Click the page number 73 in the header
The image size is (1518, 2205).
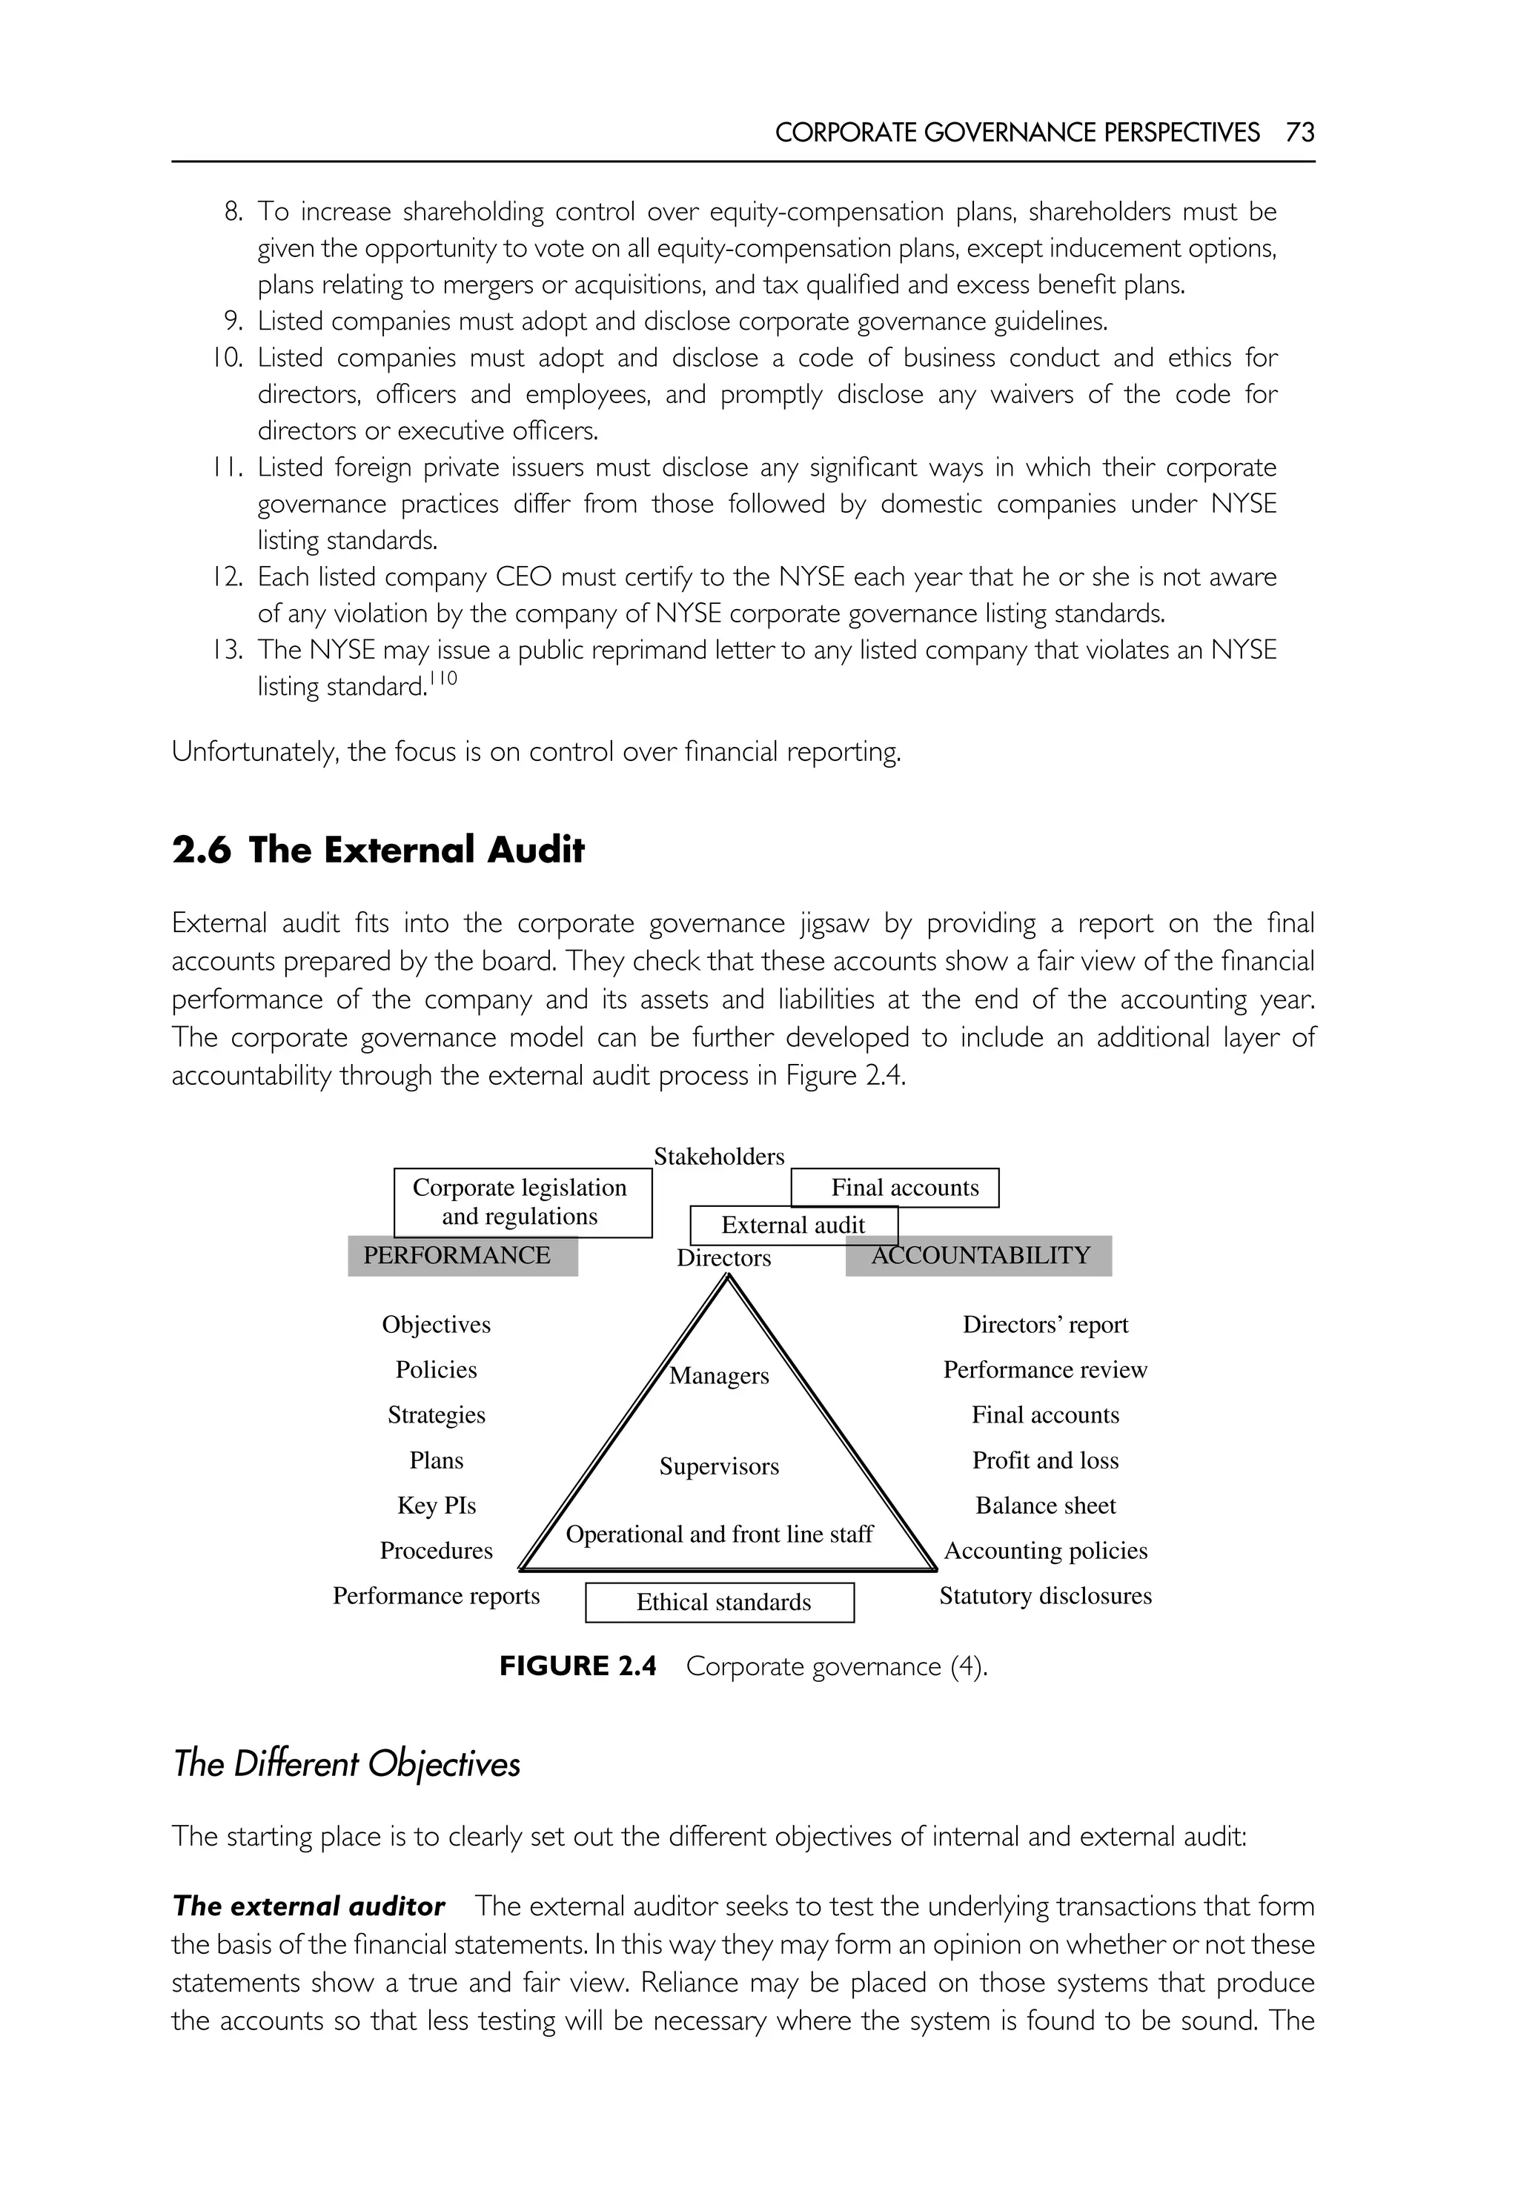(1299, 132)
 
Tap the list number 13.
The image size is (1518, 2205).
(228, 651)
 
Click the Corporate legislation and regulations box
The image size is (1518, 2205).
(522, 1202)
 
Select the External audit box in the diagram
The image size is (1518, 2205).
(792, 1225)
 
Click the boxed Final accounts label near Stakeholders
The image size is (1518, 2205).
(904, 1188)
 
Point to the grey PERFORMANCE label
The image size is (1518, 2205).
(463, 1255)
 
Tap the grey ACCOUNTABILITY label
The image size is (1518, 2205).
(980, 1255)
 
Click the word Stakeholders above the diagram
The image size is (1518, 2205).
(719, 1157)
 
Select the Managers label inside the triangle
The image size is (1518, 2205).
(718, 1375)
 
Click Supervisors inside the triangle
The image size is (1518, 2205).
(718, 1466)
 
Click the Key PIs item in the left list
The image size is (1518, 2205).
(436, 1505)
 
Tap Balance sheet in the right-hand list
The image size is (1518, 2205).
(1044, 1505)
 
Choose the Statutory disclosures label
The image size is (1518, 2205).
(1044, 1595)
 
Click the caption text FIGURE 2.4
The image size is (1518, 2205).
(577, 1666)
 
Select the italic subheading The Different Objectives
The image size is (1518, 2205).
(346, 1764)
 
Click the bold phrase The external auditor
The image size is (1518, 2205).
(308, 1906)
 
